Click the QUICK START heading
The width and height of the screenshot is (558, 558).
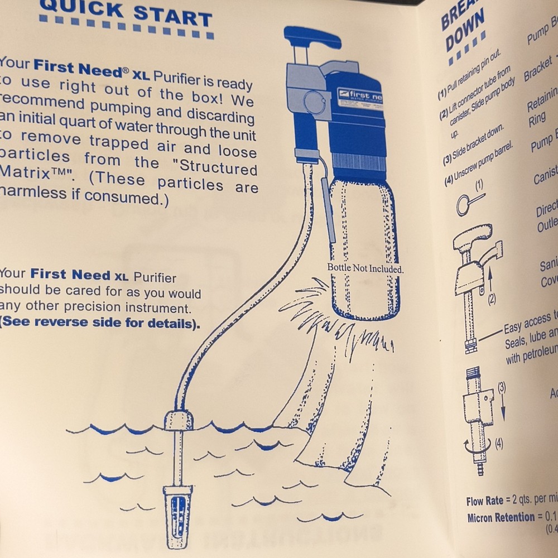(x=126, y=12)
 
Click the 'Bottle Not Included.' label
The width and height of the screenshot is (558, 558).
(x=365, y=268)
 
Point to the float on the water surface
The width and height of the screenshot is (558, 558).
(x=179, y=420)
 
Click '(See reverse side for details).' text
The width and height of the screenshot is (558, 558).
(x=100, y=324)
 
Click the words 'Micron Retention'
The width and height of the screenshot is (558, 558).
(x=501, y=517)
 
